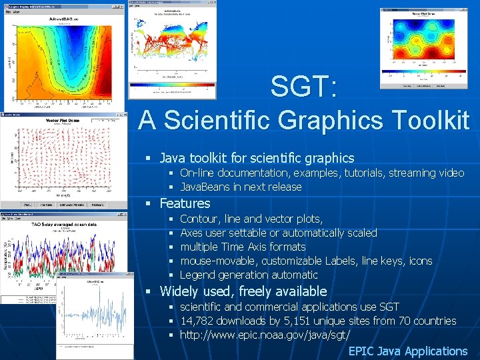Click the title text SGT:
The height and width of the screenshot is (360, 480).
pyautogui.click(x=303, y=87)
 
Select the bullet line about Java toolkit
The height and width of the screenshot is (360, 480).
pyautogui.click(x=257, y=158)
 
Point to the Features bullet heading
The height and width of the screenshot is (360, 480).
pyautogui.click(x=185, y=203)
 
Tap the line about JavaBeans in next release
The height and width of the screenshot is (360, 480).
pyautogui.click(x=241, y=187)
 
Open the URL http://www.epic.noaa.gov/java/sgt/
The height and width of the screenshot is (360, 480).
pyautogui.click(x=265, y=335)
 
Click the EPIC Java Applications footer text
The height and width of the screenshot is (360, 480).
pyautogui.click(x=407, y=351)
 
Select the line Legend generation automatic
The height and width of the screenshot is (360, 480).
pyautogui.click(x=249, y=275)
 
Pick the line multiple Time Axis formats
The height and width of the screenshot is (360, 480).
pyautogui.click(x=243, y=247)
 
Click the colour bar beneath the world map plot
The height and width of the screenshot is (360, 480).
pyautogui.click(x=172, y=86)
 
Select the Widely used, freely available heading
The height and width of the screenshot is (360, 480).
pyautogui.click(x=243, y=291)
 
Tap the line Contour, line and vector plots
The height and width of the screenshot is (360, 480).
pyautogui.click(x=251, y=219)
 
